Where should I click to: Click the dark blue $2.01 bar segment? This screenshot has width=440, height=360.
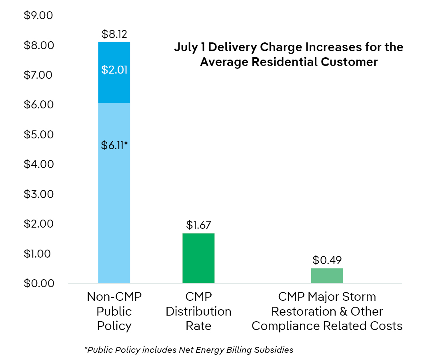114,72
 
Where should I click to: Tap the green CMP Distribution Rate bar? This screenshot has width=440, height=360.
198,258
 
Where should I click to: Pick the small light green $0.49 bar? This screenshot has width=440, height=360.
327,276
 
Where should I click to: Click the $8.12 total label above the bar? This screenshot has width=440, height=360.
114,34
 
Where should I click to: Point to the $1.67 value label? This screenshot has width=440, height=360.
198,225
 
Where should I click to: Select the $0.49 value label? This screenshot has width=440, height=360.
327,260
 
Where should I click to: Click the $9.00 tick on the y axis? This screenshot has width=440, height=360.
39,16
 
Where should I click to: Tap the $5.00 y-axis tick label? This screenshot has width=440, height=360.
39,134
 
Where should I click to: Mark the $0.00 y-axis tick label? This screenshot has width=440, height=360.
39,283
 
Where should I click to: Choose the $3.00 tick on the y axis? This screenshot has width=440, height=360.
39,194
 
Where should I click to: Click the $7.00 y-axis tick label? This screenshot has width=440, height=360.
39,75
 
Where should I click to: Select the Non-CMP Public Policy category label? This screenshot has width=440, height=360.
114,311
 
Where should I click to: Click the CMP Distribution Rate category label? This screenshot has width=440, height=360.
198,311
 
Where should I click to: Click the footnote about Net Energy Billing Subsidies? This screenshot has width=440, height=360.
189,350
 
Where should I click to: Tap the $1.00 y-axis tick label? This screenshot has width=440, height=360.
39,254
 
